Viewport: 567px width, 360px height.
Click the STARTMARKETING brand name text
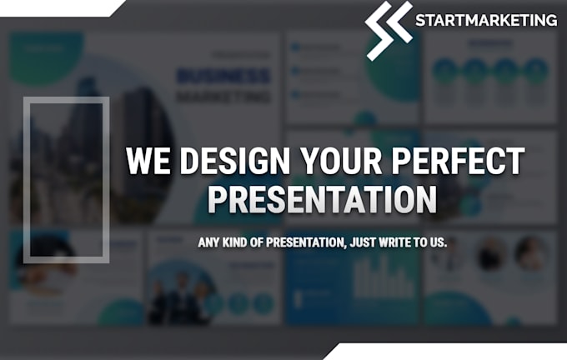pos(486,19)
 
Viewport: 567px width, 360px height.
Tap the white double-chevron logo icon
pos(389,30)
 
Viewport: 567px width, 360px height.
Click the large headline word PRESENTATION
pos(322,200)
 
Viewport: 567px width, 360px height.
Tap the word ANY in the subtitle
pos(208,243)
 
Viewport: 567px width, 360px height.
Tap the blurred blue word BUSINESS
pos(223,77)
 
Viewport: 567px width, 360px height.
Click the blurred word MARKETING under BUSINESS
pos(223,97)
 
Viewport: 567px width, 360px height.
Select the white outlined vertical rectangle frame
pos(66,179)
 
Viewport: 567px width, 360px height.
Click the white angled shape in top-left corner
pos(58,7)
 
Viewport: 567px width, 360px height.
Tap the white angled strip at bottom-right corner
pos(450,352)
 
